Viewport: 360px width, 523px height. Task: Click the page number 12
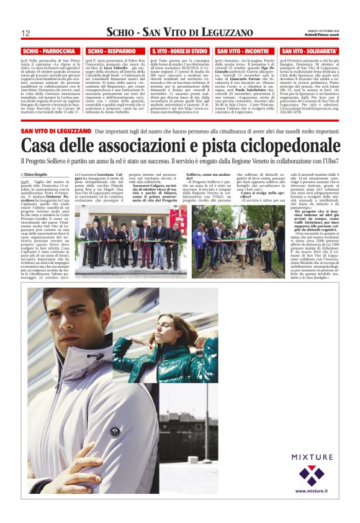tap(25, 33)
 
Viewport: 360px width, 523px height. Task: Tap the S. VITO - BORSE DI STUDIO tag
tap(179, 51)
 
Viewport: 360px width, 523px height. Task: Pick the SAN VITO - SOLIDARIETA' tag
tap(309, 51)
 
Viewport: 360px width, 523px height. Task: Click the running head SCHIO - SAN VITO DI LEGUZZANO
tap(179, 33)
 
